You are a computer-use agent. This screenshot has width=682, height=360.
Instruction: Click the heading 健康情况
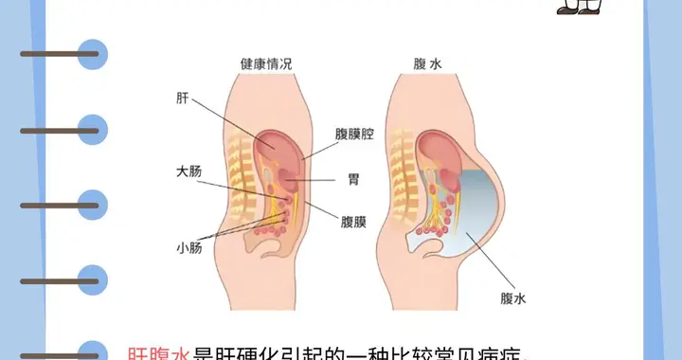pyautogui.click(x=266, y=64)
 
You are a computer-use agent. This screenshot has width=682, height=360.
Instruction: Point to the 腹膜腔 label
pyautogui.click(x=354, y=135)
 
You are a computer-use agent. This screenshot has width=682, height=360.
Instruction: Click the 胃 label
pyautogui.click(x=353, y=178)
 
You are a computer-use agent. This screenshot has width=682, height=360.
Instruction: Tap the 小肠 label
pyautogui.click(x=188, y=249)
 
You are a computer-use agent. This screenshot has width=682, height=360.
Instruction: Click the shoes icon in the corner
pyautogui.click(x=580, y=7)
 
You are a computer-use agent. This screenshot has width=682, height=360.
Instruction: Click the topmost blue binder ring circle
pyautogui.click(x=93, y=52)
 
